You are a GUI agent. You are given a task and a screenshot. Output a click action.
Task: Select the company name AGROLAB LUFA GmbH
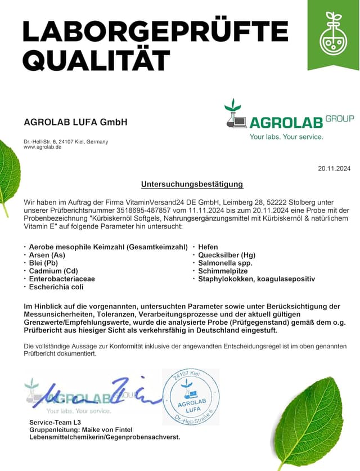pyautogui.click(x=75, y=122)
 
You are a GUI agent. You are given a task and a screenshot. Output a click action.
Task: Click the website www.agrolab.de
pyautogui.click(x=42, y=147)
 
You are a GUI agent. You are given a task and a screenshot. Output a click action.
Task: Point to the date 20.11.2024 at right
pyautogui.click(x=334, y=168)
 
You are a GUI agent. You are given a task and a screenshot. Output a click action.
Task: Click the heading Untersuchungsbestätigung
pyautogui.click(x=192, y=184)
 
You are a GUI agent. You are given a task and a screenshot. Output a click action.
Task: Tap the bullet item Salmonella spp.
pyautogui.click(x=225, y=263)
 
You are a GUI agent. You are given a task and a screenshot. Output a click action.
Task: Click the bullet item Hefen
pyautogui.click(x=208, y=247)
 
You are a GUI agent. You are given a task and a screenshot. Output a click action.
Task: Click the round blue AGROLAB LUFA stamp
pyautogui.click(x=190, y=396)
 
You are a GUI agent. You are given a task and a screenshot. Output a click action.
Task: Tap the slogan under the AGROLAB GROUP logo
pyautogui.click(x=286, y=137)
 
